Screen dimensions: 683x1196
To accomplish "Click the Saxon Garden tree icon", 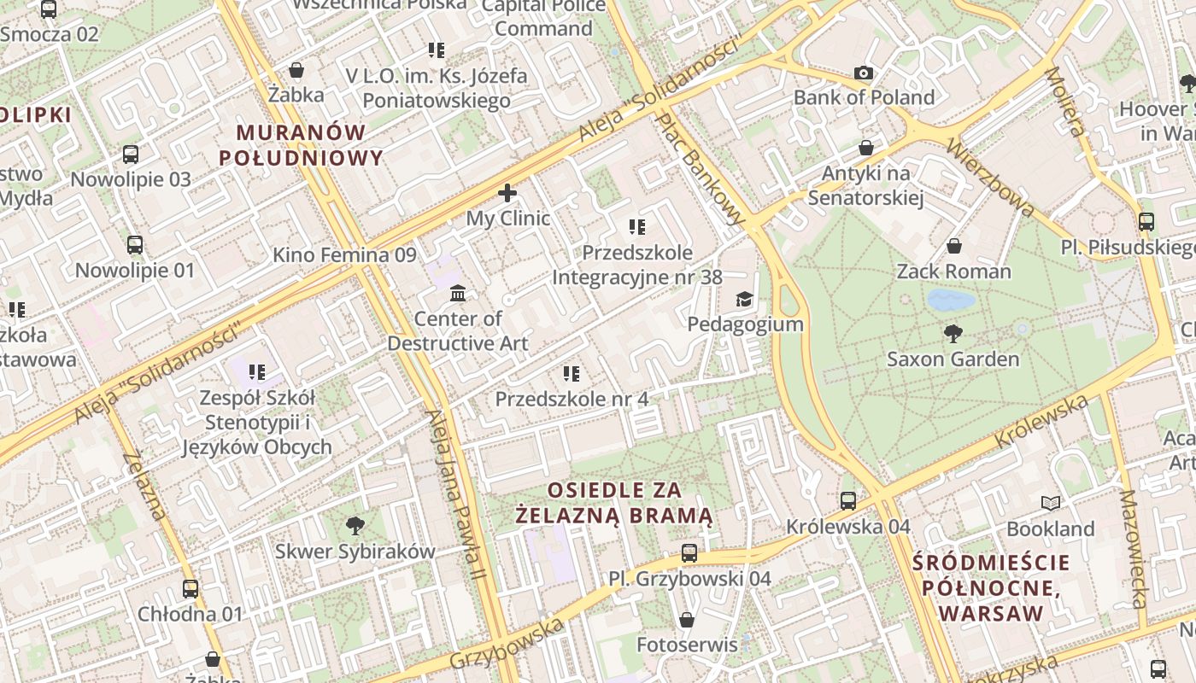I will point(953,334).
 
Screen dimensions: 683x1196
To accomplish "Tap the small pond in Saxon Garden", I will point(951,300).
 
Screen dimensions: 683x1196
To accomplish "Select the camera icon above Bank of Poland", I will point(864,73).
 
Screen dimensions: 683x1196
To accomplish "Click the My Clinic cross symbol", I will point(507,193).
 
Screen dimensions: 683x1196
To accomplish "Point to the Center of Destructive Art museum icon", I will point(457,294).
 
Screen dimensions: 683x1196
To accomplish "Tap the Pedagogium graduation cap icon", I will point(745,299).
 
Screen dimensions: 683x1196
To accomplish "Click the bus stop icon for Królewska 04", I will point(848,501).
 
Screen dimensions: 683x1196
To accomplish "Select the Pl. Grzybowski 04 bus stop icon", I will point(689,553).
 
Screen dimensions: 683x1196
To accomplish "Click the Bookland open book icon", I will point(1050,504).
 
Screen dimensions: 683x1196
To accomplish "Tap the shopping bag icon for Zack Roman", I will point(953,247).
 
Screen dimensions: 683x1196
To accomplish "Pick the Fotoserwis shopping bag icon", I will point(687,620).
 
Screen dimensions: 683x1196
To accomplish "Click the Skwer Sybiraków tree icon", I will point(355,526).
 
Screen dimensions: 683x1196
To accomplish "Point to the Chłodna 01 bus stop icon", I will point(191,588).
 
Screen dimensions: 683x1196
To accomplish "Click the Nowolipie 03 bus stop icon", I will point(131,155).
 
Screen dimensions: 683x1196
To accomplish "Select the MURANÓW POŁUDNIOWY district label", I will point(301,145).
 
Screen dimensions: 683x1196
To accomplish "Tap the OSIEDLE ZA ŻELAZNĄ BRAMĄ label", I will point(614,503).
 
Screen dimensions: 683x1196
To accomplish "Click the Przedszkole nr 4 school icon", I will point(572,374).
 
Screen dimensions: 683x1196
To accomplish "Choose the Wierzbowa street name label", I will point(990,178).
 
